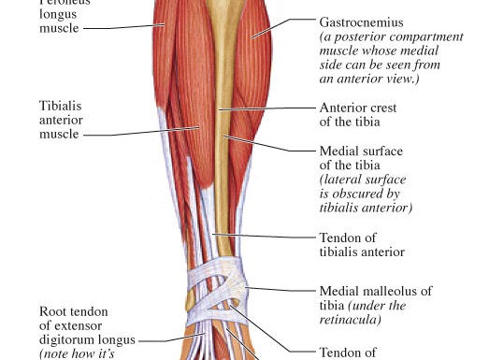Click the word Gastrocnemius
(x=360, y=21)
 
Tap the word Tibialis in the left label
(x=64, y=106)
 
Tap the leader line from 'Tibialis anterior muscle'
(x=140, y=132)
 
